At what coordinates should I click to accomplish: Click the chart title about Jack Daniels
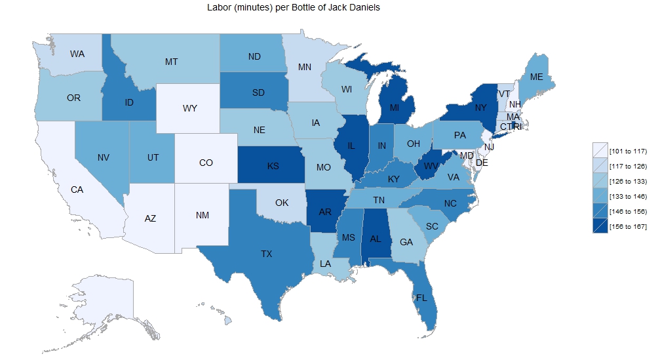coord(292,7)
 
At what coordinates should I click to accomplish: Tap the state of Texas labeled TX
coord(267,253)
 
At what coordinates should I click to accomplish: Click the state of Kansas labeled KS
coord(273,166)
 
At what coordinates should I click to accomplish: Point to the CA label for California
coord(77,190)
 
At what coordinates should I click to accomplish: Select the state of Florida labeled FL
coord(421,297)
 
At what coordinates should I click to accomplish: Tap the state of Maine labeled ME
coord(537,77)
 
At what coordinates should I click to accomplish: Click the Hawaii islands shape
coord(228,321)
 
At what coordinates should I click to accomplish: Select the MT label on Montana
coord(171,62)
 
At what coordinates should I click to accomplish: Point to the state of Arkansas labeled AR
coord(324,212)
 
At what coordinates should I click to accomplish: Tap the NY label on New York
coord(480,108)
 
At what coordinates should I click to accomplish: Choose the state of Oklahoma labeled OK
coord(282,203)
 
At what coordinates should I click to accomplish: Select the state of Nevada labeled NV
coord(103,157)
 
